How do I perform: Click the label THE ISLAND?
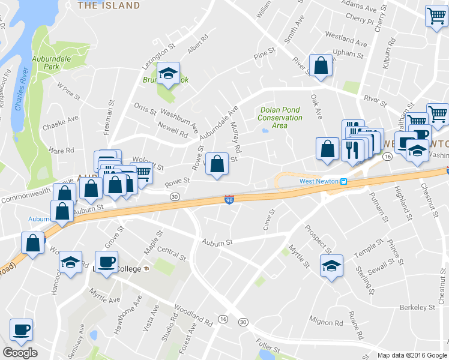109,5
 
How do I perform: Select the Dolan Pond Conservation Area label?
280,118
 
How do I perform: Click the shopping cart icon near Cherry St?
436,16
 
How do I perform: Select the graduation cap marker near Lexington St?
169,73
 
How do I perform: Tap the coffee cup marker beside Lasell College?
107,262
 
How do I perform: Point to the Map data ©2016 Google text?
412,355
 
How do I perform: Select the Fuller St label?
267,346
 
